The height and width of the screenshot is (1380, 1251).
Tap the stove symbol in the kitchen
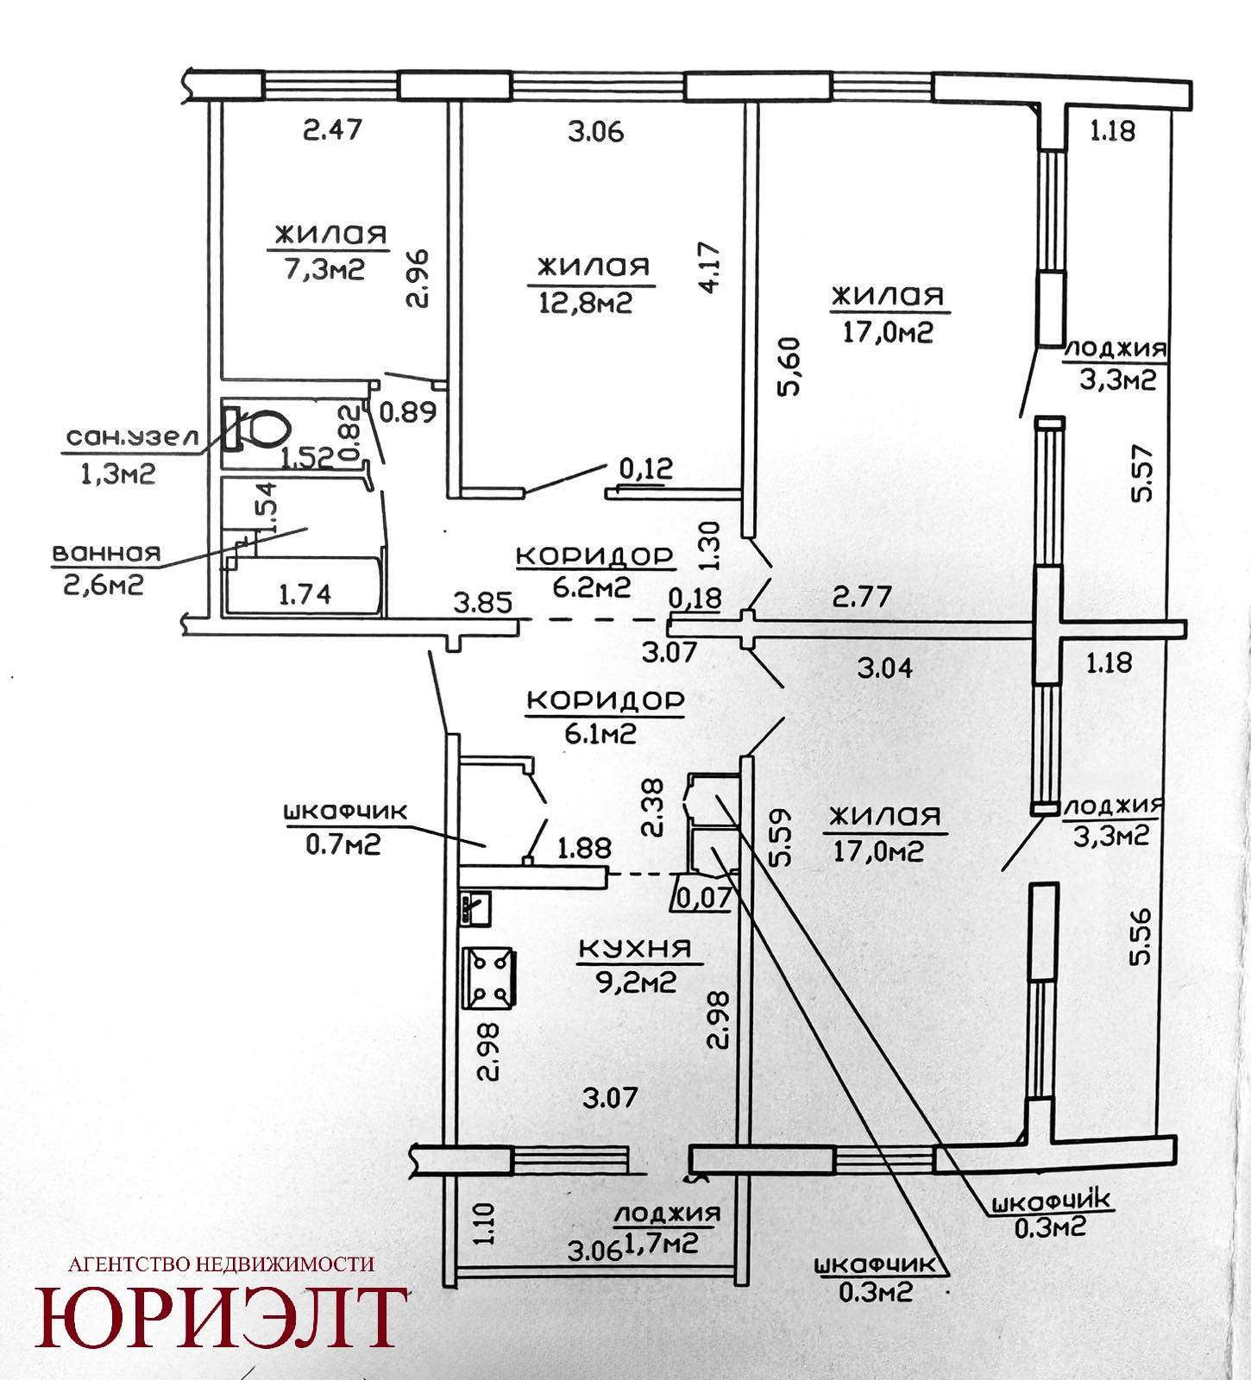click(x=490, y=978)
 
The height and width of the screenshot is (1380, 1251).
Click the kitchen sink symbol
click(x=476, y=908)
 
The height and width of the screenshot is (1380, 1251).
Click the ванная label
click(x=106, y=553)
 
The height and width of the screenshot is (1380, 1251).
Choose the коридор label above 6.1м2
click(x=605, y=702)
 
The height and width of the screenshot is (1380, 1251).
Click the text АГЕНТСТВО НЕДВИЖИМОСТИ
click(x=221, y=1264)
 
